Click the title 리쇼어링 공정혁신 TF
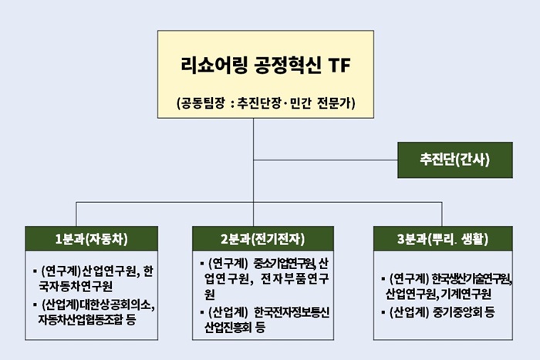(265, 65)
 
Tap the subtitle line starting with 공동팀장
(265, 103)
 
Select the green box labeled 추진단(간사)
(455, 160)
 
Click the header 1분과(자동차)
(91, 238)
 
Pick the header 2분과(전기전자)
(263, 238)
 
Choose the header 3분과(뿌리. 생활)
(443, 238)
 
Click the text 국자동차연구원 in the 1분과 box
(76, 286)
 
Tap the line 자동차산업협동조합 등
(87, 319)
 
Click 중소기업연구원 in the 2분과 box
(285, 264)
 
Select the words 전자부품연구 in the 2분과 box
(295, 278)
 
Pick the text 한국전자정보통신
(292, 312)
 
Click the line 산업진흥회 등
(235, 327)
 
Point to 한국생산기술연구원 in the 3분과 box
(471, 278)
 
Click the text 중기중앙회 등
(463, 312)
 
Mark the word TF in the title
(339, 65)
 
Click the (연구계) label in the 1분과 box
(61, 271)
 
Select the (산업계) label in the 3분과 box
(409, 312)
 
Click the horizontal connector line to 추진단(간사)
(326, 160)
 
